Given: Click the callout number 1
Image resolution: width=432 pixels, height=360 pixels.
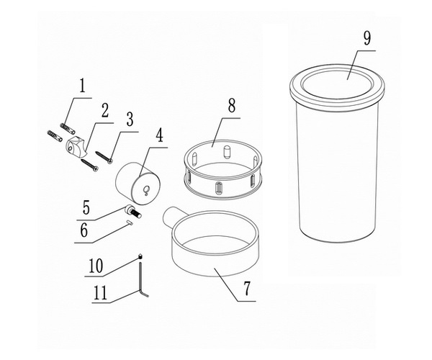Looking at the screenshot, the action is click(x=82, y=86).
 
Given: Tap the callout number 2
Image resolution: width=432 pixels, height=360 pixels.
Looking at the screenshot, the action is click(x=104, y=111).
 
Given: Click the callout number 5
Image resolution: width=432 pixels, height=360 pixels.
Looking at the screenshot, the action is click(x=86, y=207).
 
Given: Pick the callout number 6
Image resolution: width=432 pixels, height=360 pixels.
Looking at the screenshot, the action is click(x=84, y=230).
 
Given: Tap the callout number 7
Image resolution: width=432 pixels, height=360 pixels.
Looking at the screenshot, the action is click(x=246, y=289).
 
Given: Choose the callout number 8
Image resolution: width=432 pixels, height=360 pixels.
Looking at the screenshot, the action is click(x=231, y=105).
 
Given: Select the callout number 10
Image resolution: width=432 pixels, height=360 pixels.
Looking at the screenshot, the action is click(x=96, y=266).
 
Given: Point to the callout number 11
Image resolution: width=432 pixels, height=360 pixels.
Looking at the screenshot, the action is click(x=100, y=293).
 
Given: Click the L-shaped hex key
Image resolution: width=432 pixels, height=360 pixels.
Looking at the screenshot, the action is click(x=142, y=279).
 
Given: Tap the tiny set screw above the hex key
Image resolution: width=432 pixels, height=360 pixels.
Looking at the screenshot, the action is click(x=140, y=256).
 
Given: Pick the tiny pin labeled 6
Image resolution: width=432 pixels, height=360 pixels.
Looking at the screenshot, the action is click(x=130, y=223).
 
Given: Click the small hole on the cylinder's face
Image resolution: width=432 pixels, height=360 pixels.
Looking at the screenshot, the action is click(x=147, y=189).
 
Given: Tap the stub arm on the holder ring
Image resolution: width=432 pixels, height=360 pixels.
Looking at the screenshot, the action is click(x=170, y=216).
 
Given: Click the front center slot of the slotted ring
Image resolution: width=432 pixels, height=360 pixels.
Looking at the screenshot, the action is click(x=217, y=189).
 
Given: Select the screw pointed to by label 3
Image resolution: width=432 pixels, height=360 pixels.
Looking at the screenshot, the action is click(x=104, y=156).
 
